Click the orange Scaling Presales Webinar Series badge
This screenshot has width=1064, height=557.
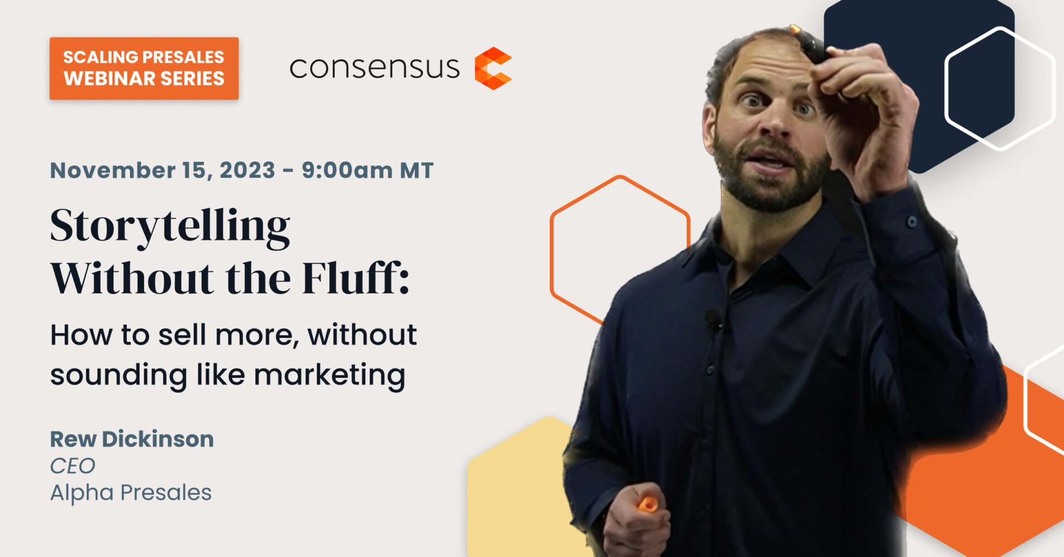[x=144, y=68]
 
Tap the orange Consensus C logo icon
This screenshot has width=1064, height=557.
[x=493, y=68]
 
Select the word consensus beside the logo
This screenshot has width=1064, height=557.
[x=375, y=68]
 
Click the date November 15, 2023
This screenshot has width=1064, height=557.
[x=162, y=170]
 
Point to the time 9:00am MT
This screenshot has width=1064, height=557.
[x=367, y=170]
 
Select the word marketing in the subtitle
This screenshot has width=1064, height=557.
[x=330, y=375]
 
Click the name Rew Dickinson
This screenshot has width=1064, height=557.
[x=132, y=439]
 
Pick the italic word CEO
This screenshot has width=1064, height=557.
[x=73, y=466]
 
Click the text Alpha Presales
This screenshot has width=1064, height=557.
[x=131, y=492]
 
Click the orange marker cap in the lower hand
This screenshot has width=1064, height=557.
[x=647, y=504]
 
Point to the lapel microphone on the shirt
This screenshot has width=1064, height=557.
[x=712, y=319]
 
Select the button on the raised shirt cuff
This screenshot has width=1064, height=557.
[x=912, y=222]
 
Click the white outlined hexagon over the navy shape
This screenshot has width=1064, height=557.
[x=1000, y=89]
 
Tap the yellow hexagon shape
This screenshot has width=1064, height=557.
[x=521, y=488]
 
